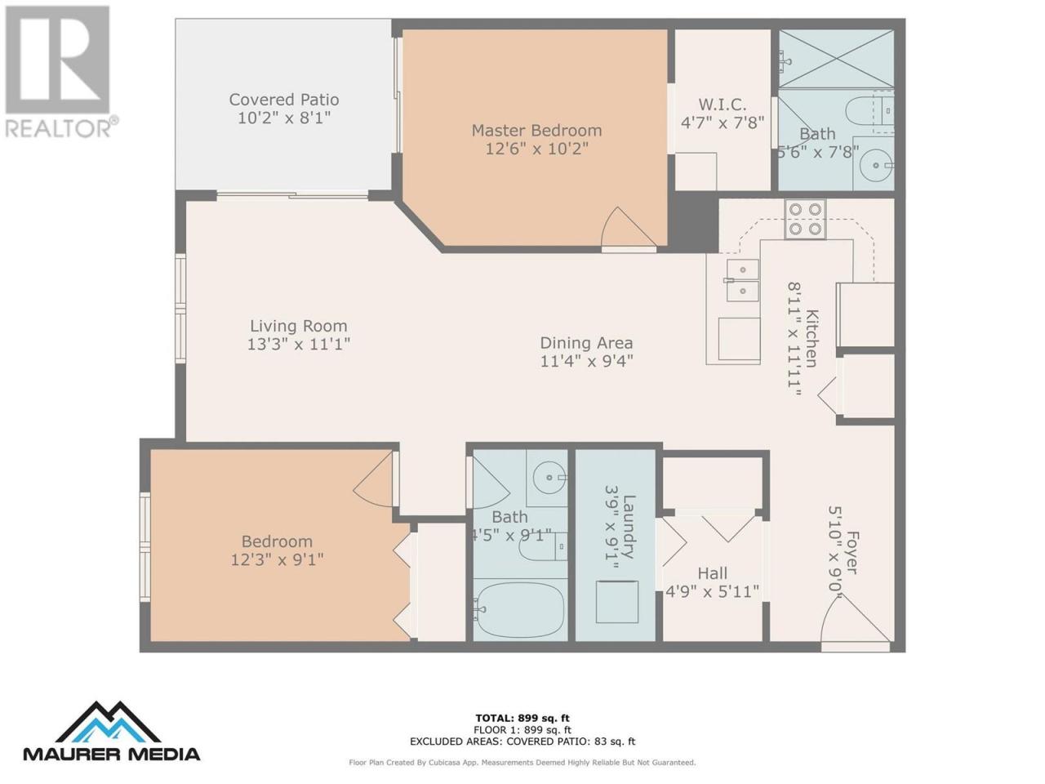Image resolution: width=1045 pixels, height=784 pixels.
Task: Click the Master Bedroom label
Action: click(536, 131)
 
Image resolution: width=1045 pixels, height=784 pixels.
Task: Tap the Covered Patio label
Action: click(284, 100)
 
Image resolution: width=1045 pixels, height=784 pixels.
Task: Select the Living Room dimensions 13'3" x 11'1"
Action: click(299, 344)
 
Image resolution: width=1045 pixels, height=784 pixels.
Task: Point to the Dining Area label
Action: click(586, 343)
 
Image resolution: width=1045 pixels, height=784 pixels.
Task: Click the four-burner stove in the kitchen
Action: click(805, 220)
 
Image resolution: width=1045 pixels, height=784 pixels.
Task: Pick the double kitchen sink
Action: click(742, 280)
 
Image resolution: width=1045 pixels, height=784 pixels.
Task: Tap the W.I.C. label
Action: click(723, 105)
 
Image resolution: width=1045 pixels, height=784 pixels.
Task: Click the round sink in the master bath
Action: click(876, 165)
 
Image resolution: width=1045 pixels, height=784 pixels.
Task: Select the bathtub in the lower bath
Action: click(520, 610)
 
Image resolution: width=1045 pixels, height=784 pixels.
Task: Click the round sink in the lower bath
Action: click(549, 477)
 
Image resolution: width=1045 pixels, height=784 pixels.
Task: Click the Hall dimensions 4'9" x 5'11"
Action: click(712, 592)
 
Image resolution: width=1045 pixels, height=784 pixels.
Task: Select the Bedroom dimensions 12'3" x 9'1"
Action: click(277, 559)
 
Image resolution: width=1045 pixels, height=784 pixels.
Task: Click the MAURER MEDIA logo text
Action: click(112, 754)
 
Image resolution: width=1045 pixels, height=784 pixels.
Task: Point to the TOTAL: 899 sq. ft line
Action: click(522, 718)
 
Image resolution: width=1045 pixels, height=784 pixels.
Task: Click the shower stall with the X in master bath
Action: click(836, 59)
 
